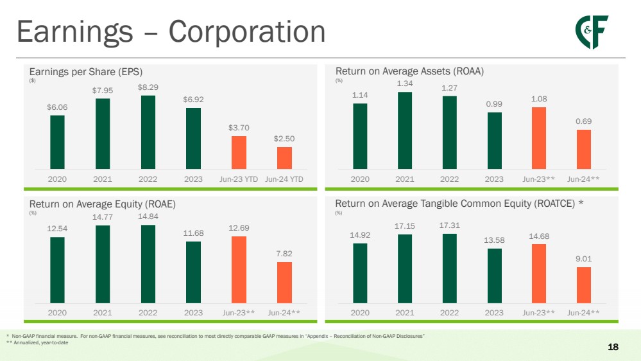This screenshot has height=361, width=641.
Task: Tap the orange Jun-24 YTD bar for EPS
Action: [284, 158]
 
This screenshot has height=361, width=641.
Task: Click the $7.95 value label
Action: [103, 90]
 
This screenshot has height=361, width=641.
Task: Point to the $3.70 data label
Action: [239, 128]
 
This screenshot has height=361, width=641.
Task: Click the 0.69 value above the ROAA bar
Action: [584, 121]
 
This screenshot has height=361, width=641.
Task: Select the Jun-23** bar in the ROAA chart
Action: [539, 138]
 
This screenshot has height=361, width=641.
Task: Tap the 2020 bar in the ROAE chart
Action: [57, 270]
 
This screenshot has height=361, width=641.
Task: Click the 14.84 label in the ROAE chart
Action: [148, 216]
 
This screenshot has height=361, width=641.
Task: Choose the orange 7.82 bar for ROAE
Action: [284, 282]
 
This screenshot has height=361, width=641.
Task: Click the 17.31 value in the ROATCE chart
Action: [450, 225]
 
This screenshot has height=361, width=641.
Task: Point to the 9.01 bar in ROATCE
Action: [584, 285]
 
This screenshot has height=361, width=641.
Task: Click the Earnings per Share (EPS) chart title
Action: [86, 71]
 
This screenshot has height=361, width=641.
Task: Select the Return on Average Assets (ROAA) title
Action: [409, 71]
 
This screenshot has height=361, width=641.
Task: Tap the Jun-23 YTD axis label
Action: [239, 179]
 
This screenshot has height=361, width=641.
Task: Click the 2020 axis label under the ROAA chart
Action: [360, 179]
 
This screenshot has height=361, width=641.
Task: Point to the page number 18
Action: [613, 347]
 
